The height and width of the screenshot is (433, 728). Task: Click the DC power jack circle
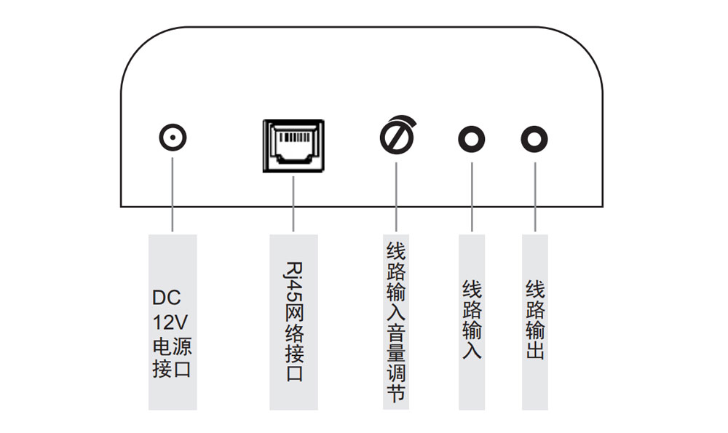[x=173, y=138]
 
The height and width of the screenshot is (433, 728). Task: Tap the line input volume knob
[x=397, y=137]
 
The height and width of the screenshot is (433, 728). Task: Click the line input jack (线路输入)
[x=472, y=138]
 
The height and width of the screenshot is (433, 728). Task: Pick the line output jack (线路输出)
[x=535, y=138]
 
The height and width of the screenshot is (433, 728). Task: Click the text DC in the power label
[x=166, y=298]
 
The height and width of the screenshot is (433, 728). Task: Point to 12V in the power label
[x=171, y=322]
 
